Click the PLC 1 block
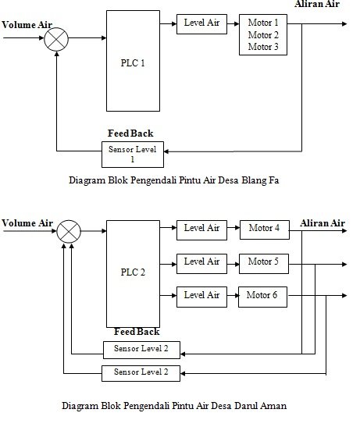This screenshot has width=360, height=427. click(x=133, y=61)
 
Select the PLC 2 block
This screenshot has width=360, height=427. click(x=133, y=274)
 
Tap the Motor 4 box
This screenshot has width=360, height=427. click(x=265, y=230)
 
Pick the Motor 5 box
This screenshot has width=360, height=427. click(x=264, y=264)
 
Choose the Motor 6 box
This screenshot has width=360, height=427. click(x=262, y=297)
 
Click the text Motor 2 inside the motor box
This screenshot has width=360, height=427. click(x=263, y=35)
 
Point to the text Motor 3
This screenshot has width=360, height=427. click(x=263, y=47)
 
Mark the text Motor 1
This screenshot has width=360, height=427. click(x=263, y=23)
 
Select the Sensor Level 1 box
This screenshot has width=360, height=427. click(x=133, y=155)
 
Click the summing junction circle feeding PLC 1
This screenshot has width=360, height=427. click(x=56, y=39)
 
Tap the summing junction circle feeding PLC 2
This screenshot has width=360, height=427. click(x=69, y=232)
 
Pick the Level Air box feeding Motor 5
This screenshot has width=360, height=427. click(x=201, y=264)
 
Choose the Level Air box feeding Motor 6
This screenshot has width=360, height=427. click(x=201, y=297)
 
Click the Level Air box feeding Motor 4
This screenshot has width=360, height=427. click(x=201, y=230)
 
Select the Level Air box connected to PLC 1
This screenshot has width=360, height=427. click(x=201, y=24)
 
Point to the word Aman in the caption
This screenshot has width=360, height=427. click(x=273, y=406)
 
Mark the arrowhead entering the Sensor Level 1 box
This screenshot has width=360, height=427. click(x=166, y=151)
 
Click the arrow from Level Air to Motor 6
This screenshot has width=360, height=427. click(x=233, y=296)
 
